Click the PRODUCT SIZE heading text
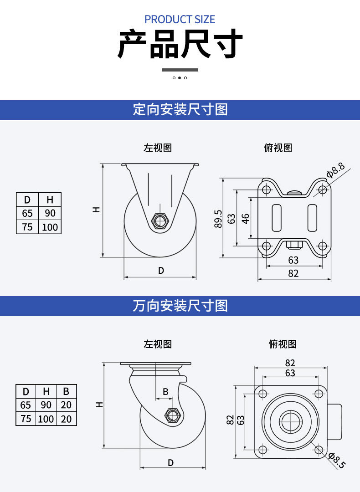180,20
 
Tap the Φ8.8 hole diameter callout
335,170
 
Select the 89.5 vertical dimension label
218,219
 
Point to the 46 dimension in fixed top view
246,218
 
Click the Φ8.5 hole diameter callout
337,460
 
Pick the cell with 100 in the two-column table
50,227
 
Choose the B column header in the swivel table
66,391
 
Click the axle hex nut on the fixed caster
160,220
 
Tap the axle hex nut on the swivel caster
172,415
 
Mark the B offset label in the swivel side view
165,392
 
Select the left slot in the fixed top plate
277,218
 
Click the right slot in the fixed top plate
312,218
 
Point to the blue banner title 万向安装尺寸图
180,306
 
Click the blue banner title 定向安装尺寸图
180,109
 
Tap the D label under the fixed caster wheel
161,271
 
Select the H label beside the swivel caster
99,405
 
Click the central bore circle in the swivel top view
291,421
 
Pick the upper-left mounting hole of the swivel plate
263,394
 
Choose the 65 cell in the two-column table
27,213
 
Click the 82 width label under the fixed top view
293,273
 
